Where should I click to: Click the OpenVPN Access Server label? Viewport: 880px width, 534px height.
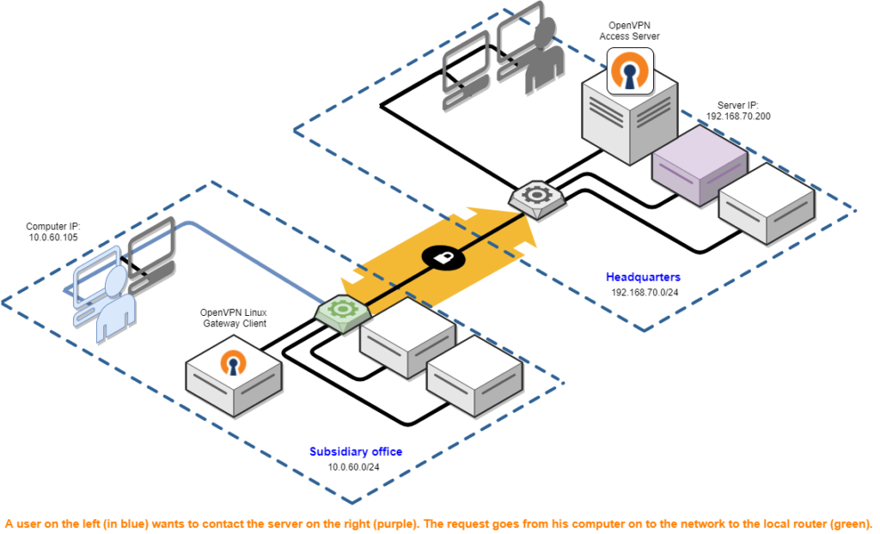[x=629, y=31]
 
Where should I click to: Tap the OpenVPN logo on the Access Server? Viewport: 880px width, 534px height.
[x=630, y=71]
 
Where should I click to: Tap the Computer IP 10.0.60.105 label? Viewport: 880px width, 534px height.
[x=53, y=232]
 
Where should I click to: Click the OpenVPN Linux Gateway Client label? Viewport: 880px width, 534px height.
[x=234, y=318]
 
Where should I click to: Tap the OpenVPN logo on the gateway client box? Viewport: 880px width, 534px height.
[x=233, y=363]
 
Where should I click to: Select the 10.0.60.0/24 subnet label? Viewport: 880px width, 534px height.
[x=353, y=467]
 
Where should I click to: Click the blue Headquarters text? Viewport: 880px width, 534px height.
[x=644, y=277]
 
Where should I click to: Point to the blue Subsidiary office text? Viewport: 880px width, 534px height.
[x=356, y=452]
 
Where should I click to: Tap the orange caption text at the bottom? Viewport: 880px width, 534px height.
[x=438, y=523]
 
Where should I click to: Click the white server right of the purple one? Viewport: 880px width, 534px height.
[x=766, y=204]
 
